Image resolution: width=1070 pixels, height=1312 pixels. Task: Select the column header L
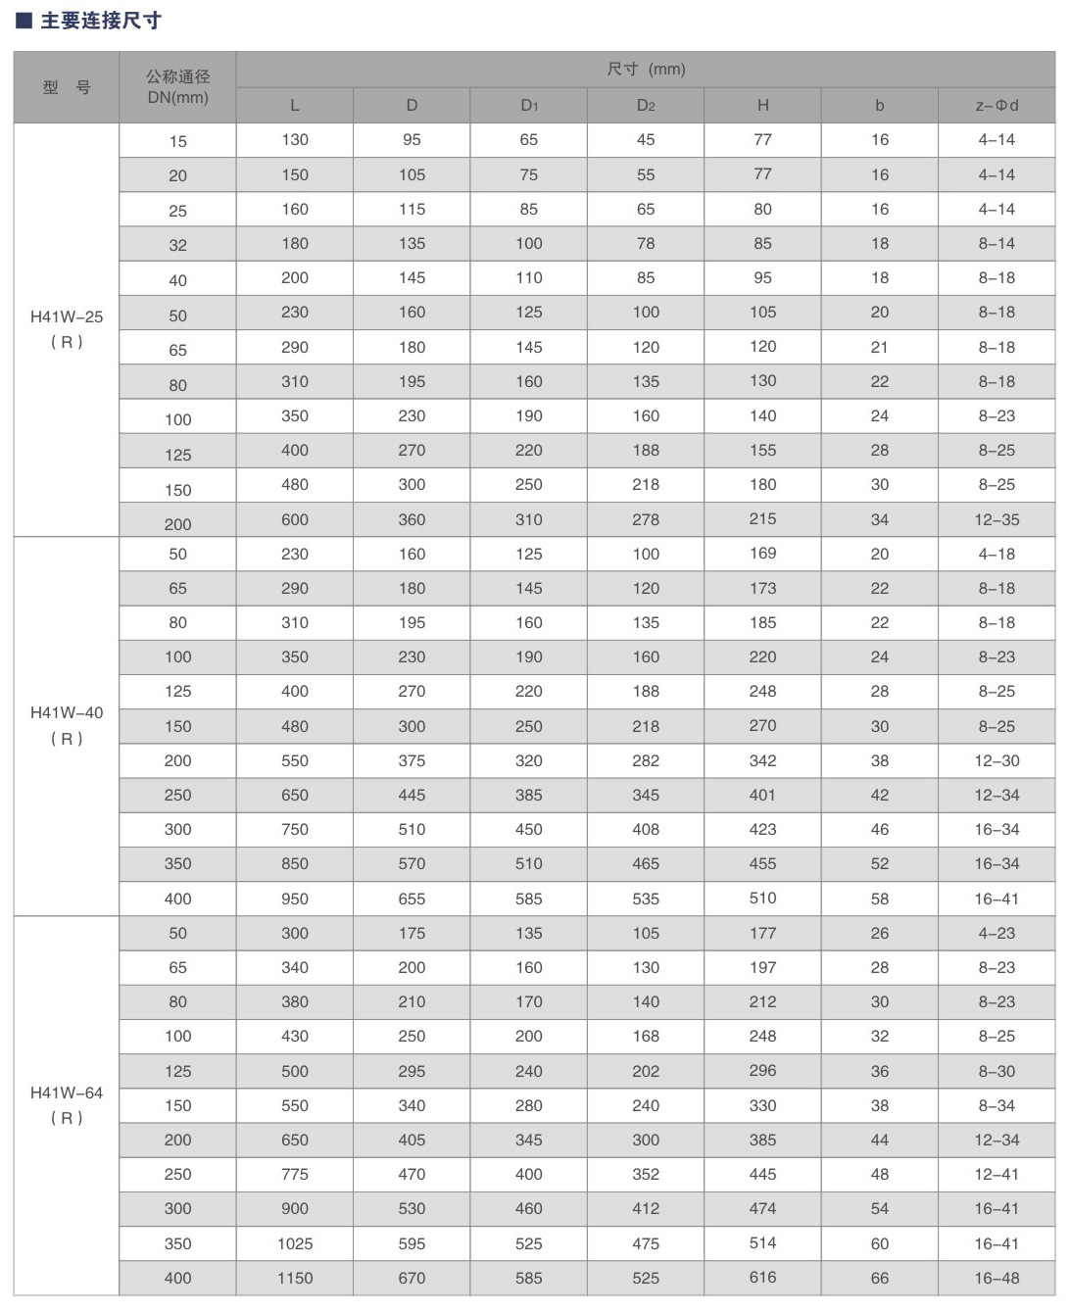[x=294, y=106]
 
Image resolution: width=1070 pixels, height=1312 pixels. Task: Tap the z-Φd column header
[x=997, y=106]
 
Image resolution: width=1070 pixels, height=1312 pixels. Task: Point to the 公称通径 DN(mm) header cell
[x=177, y=87]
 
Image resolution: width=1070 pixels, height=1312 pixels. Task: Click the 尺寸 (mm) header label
[x=646, y=70]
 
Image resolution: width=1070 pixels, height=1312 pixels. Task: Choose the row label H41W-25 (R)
[x=67, y=329]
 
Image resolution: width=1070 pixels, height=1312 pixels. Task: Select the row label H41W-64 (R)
[x=67, y=1105]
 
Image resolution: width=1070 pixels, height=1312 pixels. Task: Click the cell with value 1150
[x=294, y=1278]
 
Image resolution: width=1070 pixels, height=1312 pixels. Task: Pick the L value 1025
[x=294, y=1243]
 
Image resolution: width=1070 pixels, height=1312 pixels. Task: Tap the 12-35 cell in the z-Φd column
[x=997, y=519]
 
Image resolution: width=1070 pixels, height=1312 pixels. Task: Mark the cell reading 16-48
[x=997, y=1278]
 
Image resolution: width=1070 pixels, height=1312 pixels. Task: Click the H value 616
[x=762, y=1278]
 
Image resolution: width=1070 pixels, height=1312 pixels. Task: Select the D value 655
[x=412, y=899]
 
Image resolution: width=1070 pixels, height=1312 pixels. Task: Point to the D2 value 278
[x=646, y=519]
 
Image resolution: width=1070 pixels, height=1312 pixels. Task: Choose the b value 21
[x=879, y=347]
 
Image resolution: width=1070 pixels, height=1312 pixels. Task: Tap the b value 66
[x=879, y=1278]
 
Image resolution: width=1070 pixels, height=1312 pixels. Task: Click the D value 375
[x=412, y=760]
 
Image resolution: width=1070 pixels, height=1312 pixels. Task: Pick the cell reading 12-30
[x=997, y=760]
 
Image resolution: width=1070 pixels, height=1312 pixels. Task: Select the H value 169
[x=762, y=554]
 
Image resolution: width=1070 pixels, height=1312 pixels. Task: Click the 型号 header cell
[x=67, y=87]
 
